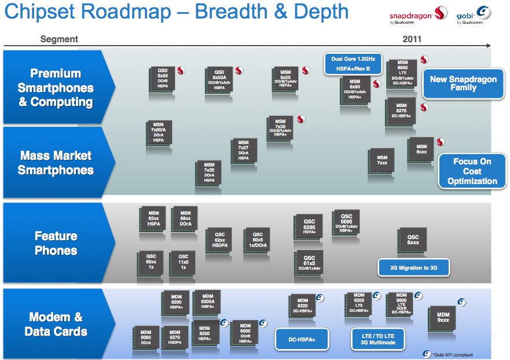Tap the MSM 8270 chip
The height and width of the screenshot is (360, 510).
[401, 112]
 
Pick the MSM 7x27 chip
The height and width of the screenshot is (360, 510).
[244, 150]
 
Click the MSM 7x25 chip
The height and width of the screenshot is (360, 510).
[208, 173]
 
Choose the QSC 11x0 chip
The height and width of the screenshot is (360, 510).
[183, 262]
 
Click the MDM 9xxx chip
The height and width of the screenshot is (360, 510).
[443, 318]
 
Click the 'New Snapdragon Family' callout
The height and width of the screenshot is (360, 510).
[463, 84]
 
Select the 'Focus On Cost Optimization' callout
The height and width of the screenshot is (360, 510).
[472, 171]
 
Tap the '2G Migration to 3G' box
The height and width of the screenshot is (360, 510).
[413, 267]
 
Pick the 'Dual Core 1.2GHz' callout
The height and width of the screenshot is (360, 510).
[354, 64]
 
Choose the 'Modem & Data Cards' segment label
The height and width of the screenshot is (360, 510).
[56, 324]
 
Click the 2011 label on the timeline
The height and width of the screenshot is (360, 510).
[412, 39]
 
